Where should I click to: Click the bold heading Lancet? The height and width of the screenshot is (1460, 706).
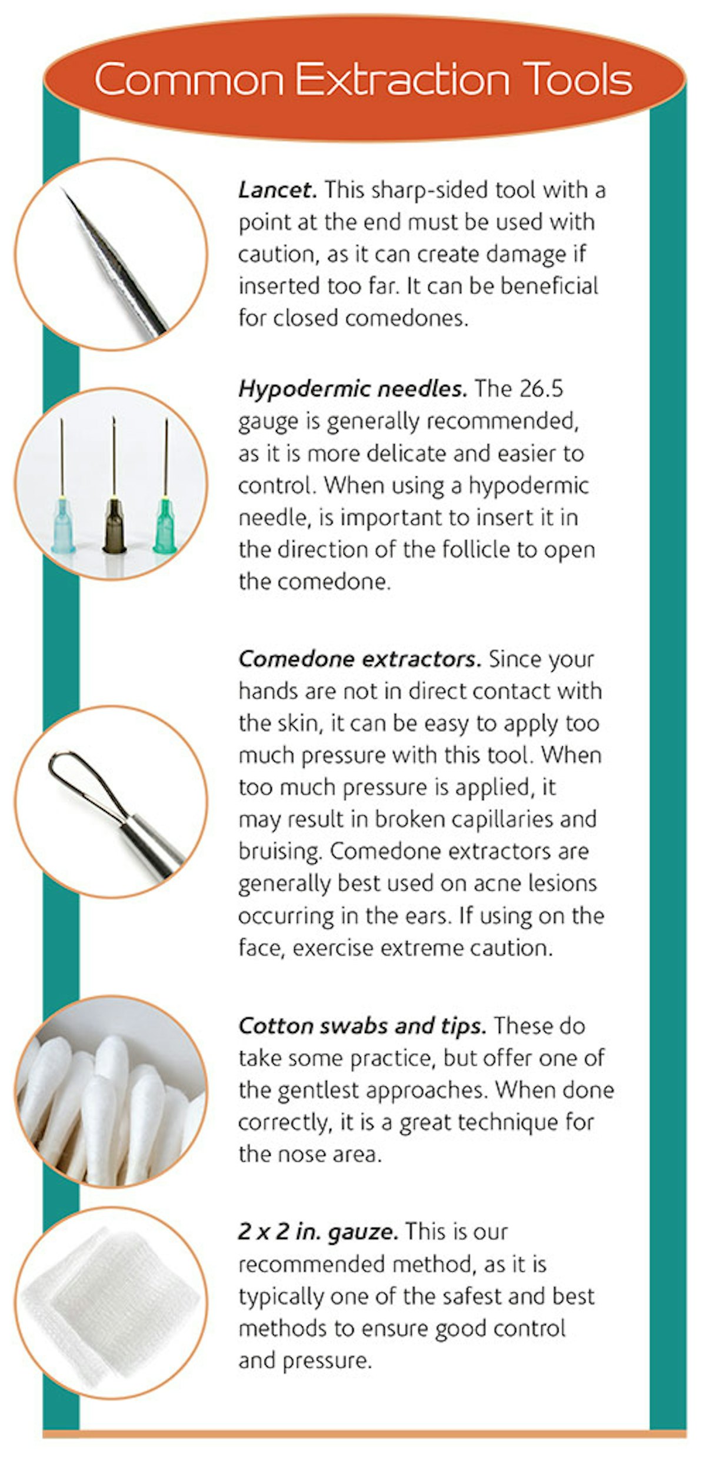click(x=277, y=190)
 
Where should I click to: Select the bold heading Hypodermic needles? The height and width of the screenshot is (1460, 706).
click(x=352, y=389)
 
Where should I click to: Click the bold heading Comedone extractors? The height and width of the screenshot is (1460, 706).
click(x=359, y=659)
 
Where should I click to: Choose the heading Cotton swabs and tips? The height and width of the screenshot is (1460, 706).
click(x=362, y=1026)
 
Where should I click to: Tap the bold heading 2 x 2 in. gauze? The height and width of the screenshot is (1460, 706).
click(x=318, y=1232)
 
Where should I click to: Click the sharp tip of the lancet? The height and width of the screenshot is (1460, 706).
click(x=65, y=191)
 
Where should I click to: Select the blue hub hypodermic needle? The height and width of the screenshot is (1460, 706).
click(x=62, y=524)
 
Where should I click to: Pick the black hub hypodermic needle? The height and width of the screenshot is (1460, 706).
click(x=114, y=524)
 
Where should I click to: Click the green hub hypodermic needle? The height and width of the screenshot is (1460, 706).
click(x=165, y=524)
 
